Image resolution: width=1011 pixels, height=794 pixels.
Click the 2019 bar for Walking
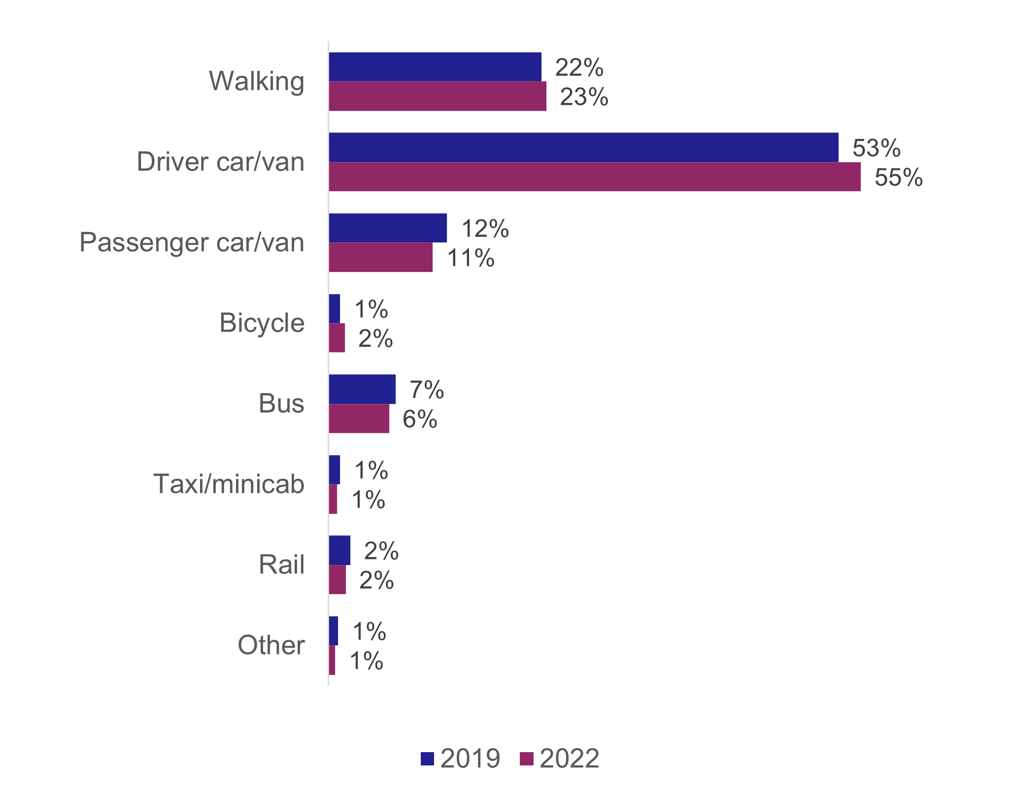point(435,67)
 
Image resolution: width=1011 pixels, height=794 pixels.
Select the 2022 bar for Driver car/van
point(595,176)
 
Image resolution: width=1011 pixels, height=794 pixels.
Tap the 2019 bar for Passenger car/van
point(388,228)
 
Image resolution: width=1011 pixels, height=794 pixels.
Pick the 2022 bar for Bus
point(359,419)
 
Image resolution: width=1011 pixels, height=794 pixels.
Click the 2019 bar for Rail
point(339,550)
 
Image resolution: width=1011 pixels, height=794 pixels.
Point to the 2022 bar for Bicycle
point(337,338)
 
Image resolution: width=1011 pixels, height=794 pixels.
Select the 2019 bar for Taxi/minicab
point(335,470)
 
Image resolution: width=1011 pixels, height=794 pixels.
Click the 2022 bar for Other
point(332,660)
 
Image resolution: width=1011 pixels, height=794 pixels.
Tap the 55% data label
point(898,177)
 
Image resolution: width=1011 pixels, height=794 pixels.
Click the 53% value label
point(876,148)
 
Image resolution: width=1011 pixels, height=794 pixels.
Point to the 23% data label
point(584,97)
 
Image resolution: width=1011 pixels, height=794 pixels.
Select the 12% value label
point(485,229)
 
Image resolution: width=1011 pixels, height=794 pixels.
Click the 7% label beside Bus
point(427,390)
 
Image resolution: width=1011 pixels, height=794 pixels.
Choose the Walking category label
point(257,81)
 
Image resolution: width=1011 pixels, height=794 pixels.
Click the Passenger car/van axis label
point(192,242)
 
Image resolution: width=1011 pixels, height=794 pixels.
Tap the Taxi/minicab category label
point(229,484)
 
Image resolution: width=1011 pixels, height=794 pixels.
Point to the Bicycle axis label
point(262,323)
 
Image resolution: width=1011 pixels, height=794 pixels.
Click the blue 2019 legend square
point(427,759)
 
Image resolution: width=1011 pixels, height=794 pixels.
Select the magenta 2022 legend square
point(527,759)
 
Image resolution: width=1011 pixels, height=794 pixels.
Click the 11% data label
point(471,258)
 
